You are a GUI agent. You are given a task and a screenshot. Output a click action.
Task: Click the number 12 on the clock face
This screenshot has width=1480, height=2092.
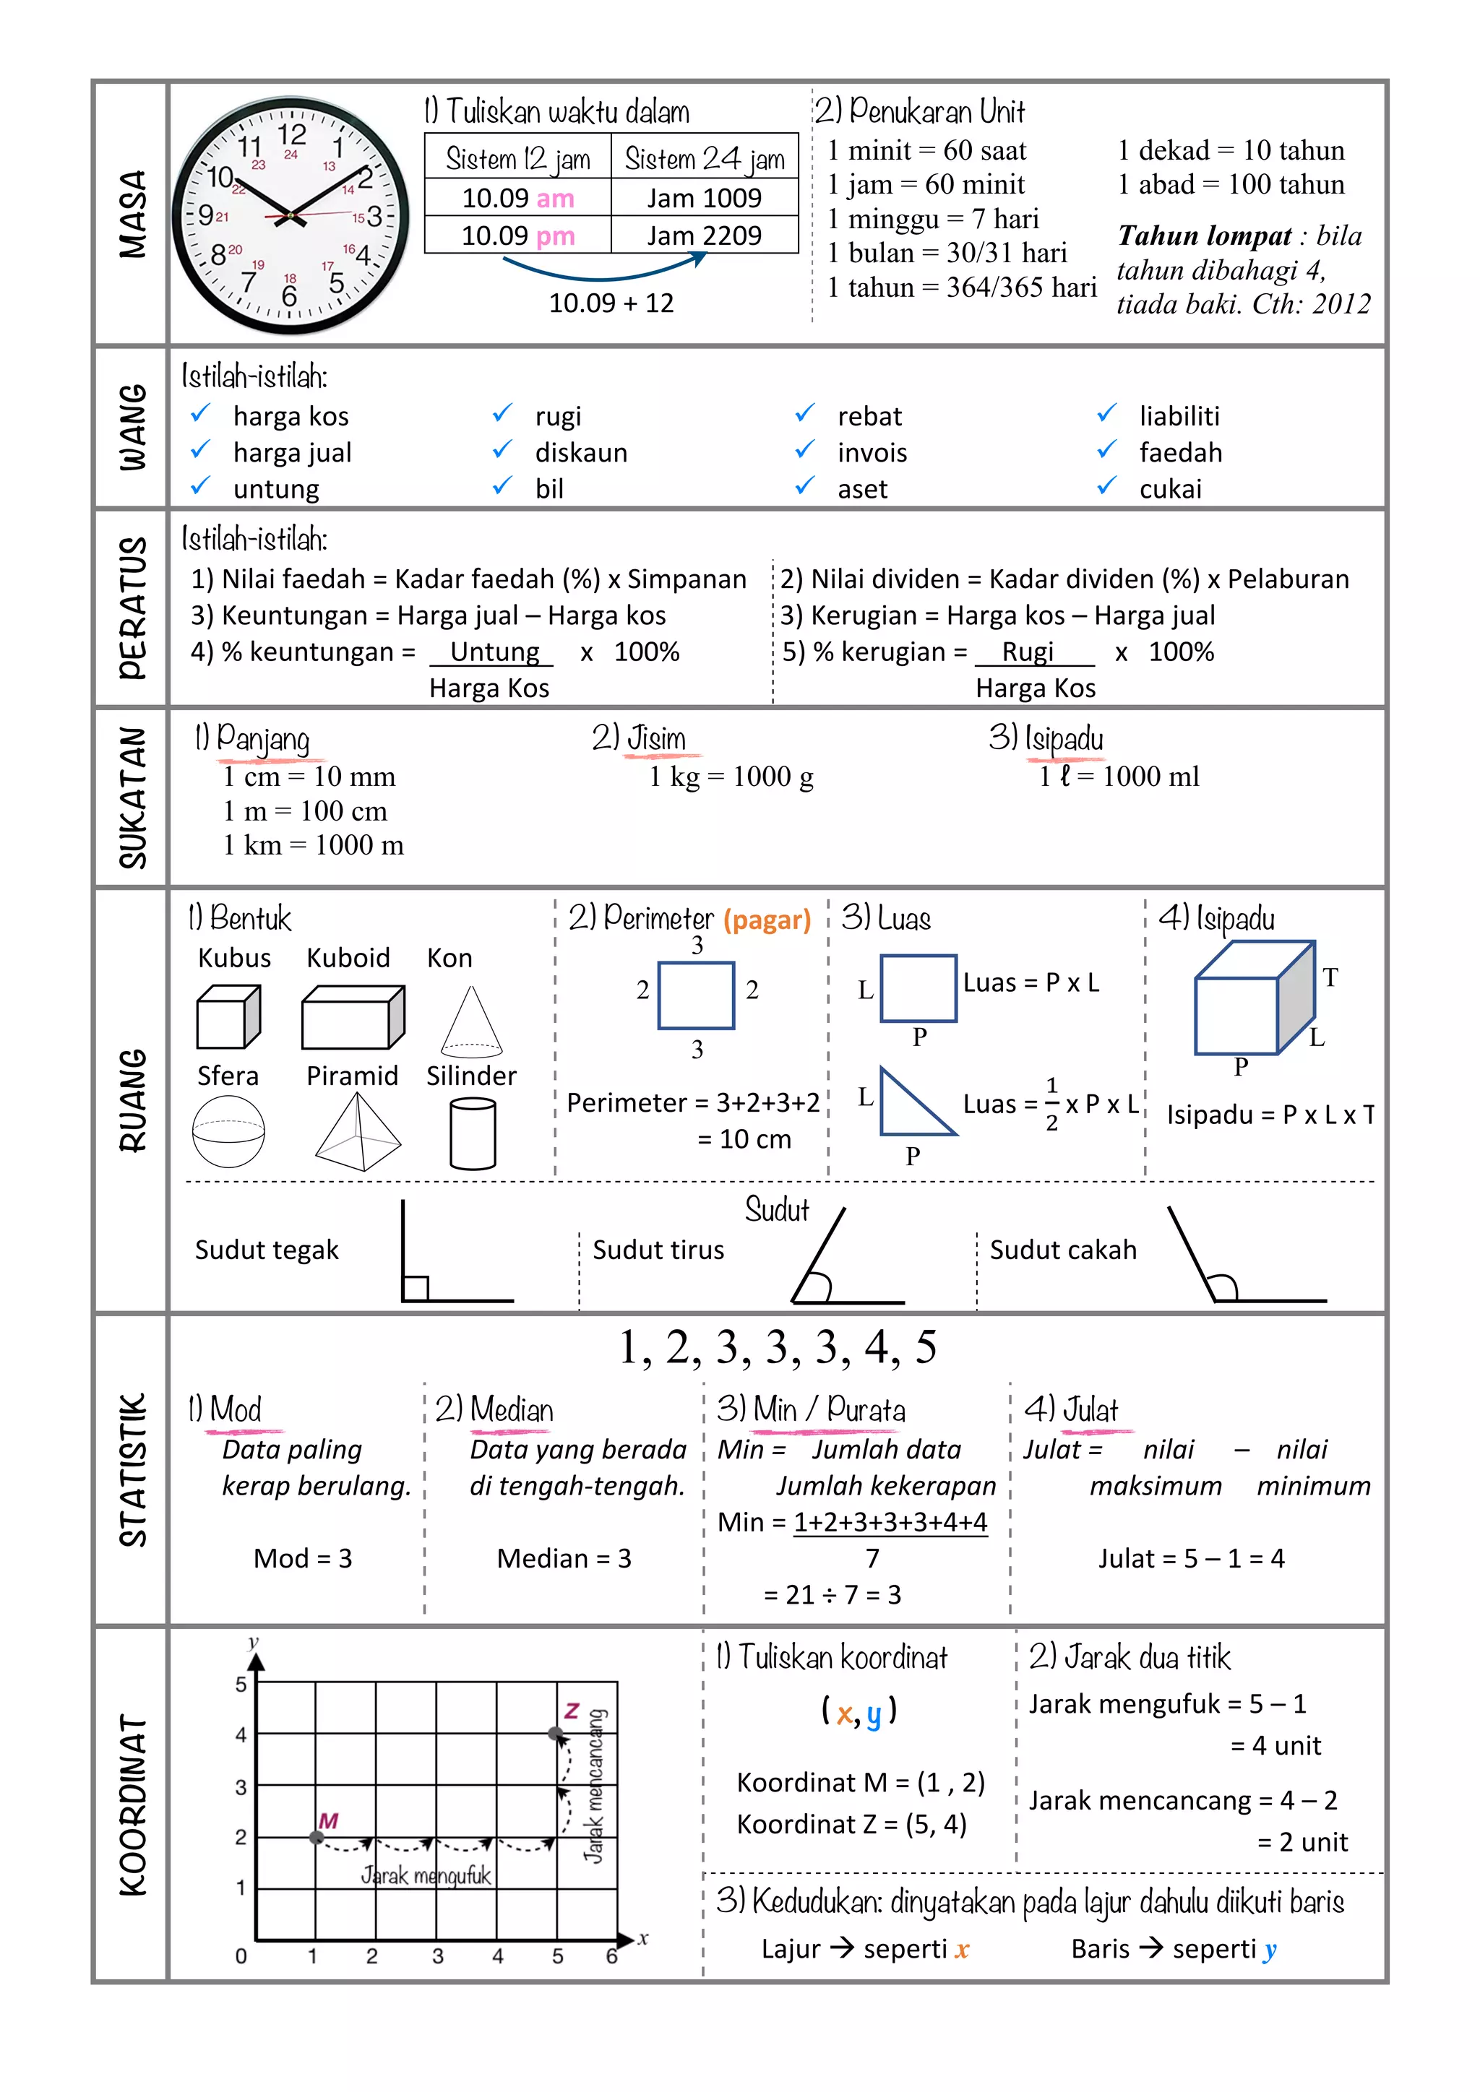click(292, 135)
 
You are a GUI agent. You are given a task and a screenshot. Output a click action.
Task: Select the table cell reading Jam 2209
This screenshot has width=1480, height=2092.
click(704, 236)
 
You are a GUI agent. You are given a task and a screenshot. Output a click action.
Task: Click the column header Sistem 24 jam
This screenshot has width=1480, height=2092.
click(704, 160)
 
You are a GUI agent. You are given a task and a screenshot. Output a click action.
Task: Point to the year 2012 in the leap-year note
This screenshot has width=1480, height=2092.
click(1341, 303)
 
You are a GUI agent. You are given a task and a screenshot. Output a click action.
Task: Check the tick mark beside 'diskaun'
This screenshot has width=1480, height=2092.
click(502, 450)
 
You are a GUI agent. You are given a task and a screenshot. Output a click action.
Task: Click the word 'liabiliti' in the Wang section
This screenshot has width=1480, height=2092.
click(1179, 416)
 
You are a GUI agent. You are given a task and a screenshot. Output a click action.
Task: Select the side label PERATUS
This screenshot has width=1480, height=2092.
click(133, 607)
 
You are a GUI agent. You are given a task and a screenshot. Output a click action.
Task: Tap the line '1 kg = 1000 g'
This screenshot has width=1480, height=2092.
click(731, 777)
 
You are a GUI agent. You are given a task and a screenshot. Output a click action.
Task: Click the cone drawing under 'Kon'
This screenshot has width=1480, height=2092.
click(471, 1022)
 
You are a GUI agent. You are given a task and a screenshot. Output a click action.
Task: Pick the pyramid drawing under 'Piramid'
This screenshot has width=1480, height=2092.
click(358, 1132)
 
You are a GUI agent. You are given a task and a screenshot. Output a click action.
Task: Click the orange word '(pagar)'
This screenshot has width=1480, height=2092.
click(767, 920)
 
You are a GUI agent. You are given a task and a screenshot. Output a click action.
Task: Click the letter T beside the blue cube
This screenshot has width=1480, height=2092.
click(1330, 977)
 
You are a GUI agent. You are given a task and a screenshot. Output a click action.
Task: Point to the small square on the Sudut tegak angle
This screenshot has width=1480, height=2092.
click(416, 1289)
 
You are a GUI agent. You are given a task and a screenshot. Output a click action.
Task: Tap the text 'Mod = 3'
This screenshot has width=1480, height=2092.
click(303, 1558)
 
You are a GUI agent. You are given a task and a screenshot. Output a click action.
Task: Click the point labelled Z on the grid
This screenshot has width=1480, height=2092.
click(555, 1733)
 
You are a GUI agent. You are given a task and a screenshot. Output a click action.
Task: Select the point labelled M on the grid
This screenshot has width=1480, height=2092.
click(317, 1837)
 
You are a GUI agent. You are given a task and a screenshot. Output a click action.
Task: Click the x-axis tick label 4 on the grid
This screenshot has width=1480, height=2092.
click(498, 1956)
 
